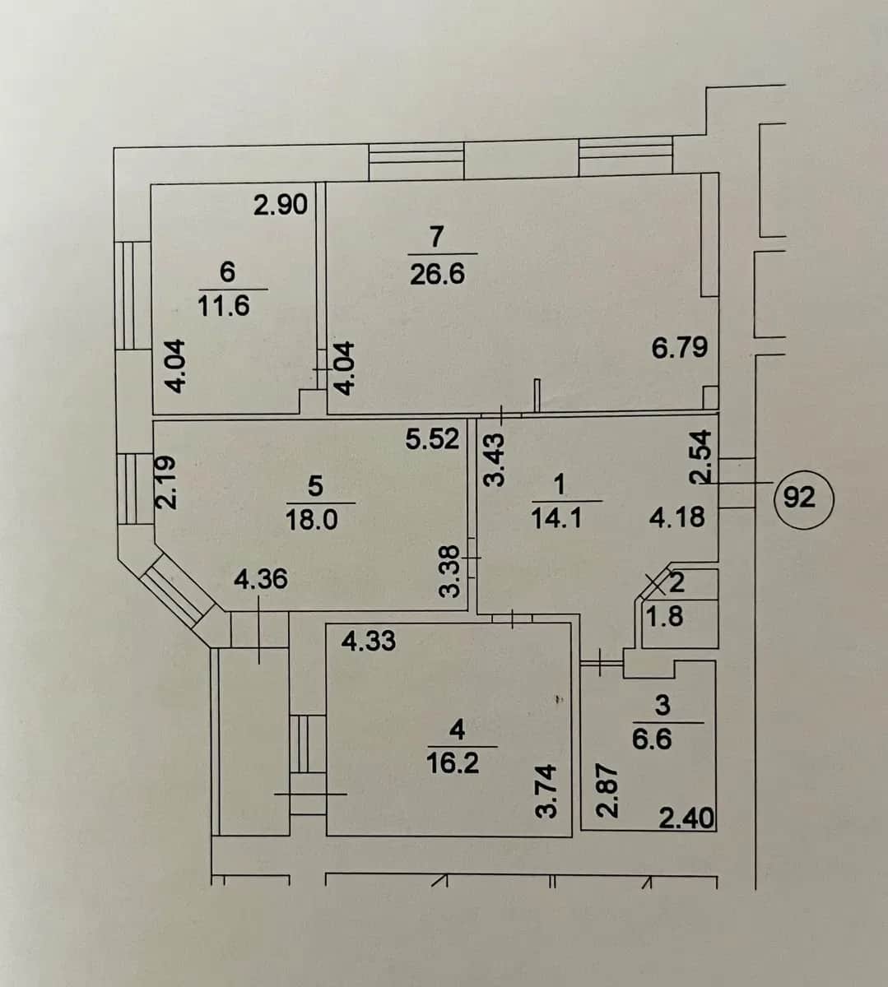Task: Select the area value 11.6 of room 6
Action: click(x=224, y=307)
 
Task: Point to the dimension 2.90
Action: click(x=281, y=205)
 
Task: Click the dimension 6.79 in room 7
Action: click(x=680, y=348)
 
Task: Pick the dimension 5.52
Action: click(x=432, y=439)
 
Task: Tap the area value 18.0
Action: click(x=311, y=519)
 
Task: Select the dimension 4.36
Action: click(x=261, y=579)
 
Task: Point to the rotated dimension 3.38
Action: click(x=449, y=572)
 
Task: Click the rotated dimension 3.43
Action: click(x=494, y=460)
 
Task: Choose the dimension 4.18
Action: click(x=676, y=518)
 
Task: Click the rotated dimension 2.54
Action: click(x=701, y=457)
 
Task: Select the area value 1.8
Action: click(x=665, y=616)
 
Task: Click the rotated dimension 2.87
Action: click(x=607, y=790)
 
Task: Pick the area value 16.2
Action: click(x=453, y=764)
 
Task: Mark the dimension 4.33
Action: click(x=369, y=641)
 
